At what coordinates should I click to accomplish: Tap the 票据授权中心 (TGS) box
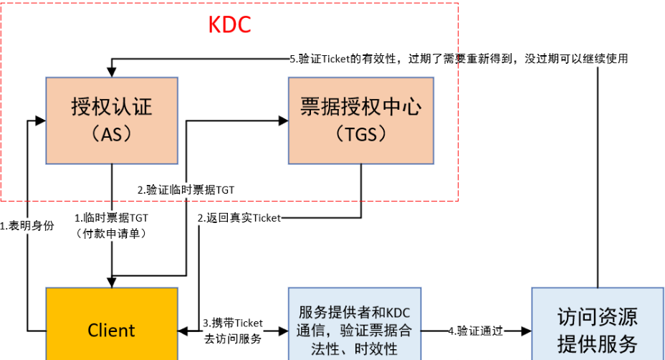click(x=360, y=120)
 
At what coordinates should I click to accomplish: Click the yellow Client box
click(x=111, y=329)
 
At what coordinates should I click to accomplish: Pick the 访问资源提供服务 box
click(x=597, y=329)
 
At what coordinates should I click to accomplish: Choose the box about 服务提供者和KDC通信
click(x=355, y=329)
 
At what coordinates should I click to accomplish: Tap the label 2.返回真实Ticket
click(x=239, y=217)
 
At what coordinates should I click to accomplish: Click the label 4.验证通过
click(x=476, y=331)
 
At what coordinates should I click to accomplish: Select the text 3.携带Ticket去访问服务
click(x=233, y=330)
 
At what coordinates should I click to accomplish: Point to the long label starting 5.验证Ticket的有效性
click(x=459, y=59)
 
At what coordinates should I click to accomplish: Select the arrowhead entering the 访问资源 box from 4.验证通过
click(x=527, y=331)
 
